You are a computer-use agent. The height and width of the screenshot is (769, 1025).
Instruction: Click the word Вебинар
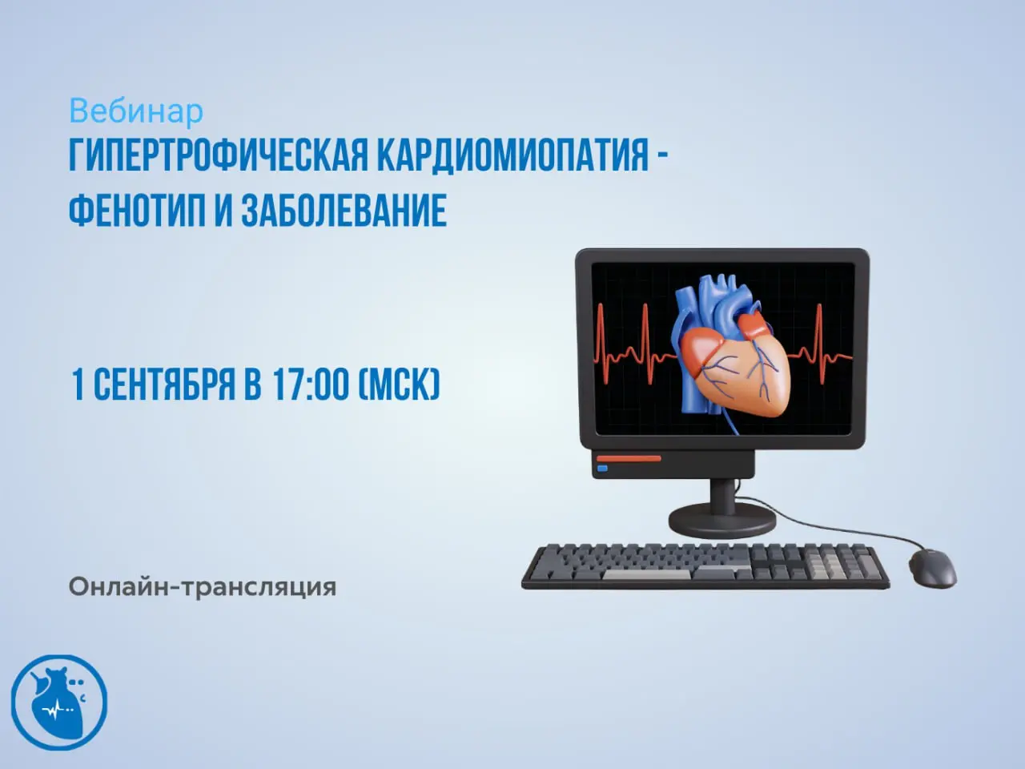tap(136, 112)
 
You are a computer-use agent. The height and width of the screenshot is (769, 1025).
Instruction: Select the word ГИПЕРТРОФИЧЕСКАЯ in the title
tap(219, 155)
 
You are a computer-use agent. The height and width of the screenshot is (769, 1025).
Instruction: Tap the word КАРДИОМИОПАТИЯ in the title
tap(512, 155)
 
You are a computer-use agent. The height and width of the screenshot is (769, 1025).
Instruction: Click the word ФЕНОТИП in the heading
tap(137, 210)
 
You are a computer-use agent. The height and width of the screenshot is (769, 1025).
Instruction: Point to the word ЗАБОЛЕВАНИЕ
tap(344, 210)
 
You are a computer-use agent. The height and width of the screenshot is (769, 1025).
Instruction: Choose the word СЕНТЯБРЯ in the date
tap(164, 384)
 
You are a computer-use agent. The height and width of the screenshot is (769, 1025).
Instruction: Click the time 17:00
tap(311, 384)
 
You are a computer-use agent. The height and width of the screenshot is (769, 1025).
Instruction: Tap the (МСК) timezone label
tap(400, 384)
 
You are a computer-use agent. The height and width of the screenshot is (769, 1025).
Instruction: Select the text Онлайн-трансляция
tap(203, 587)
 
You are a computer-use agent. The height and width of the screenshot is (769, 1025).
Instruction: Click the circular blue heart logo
tap(59, 703)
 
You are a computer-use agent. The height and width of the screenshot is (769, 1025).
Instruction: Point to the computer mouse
tap(933, 569)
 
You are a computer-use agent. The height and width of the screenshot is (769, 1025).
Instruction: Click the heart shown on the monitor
tap(732, 355)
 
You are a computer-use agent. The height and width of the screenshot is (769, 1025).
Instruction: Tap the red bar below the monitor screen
tap(629, 459)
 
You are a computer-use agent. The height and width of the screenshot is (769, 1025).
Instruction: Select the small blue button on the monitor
tap(602, 469)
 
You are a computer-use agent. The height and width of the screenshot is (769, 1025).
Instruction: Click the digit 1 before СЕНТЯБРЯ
tap(78, 384)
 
